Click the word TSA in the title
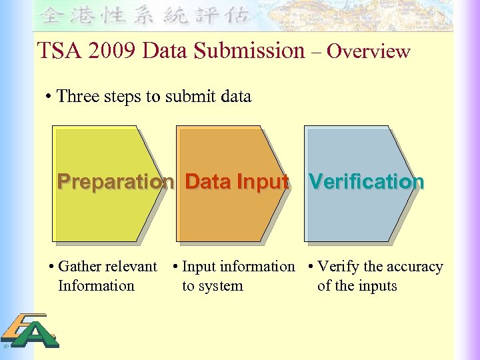point(55,51)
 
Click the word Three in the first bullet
point(77,97)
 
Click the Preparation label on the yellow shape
point(115,181)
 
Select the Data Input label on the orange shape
point(237,181)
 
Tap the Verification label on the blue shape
point(366,181)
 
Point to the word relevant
point(131,267)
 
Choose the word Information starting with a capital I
point(96,286)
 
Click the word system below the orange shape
point(222,287)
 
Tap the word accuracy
point(414,267)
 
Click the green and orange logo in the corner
point(29,331)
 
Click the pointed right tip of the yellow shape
point(171,182)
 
